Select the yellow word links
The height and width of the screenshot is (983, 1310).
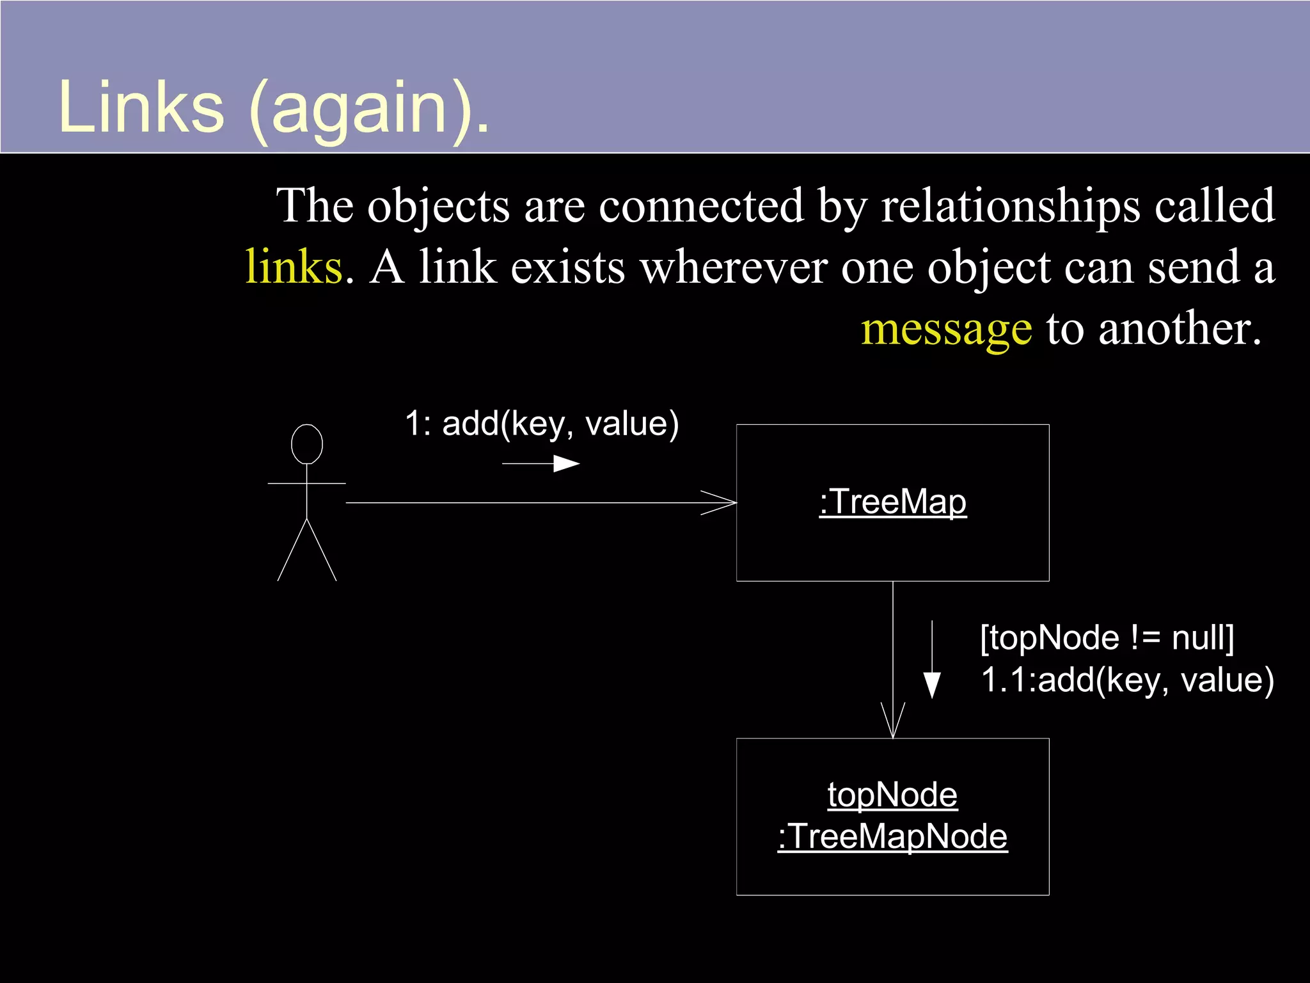pyautogui.click(x=294, y=267)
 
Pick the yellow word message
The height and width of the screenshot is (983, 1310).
pyautogui.click(x=946, y=330)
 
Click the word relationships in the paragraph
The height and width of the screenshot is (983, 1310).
pyautogui.click(x=1011, y=206)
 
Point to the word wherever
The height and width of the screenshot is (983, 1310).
pyautogui.click(x=733, y=267)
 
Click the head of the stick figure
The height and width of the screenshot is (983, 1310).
pyautogui.click(x=307, y=444)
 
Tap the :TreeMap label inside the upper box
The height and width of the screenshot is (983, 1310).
pyautogui.click(x=892, y=502)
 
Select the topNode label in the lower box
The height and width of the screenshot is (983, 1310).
pyautogui.click(x=892, y=795)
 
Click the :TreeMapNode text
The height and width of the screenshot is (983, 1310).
pyautogui.click(x=892, y=836)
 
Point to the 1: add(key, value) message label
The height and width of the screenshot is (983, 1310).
pyautogui.click(x=542, y=424)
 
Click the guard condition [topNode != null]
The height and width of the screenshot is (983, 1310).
pyautogui.click(x=1107, y=638)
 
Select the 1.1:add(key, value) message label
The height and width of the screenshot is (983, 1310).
pyautogui.click(x=1127, y=680)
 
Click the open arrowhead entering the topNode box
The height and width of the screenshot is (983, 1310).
pyautogui.click(x=893, y=722)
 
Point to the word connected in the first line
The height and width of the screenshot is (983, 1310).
pyautogui.click(x=700, y=206)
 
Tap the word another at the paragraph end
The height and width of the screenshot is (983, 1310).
pyautogui.click(x=1178, y=330)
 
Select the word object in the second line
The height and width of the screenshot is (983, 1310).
pyautogui.click(x=988, y=267)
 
